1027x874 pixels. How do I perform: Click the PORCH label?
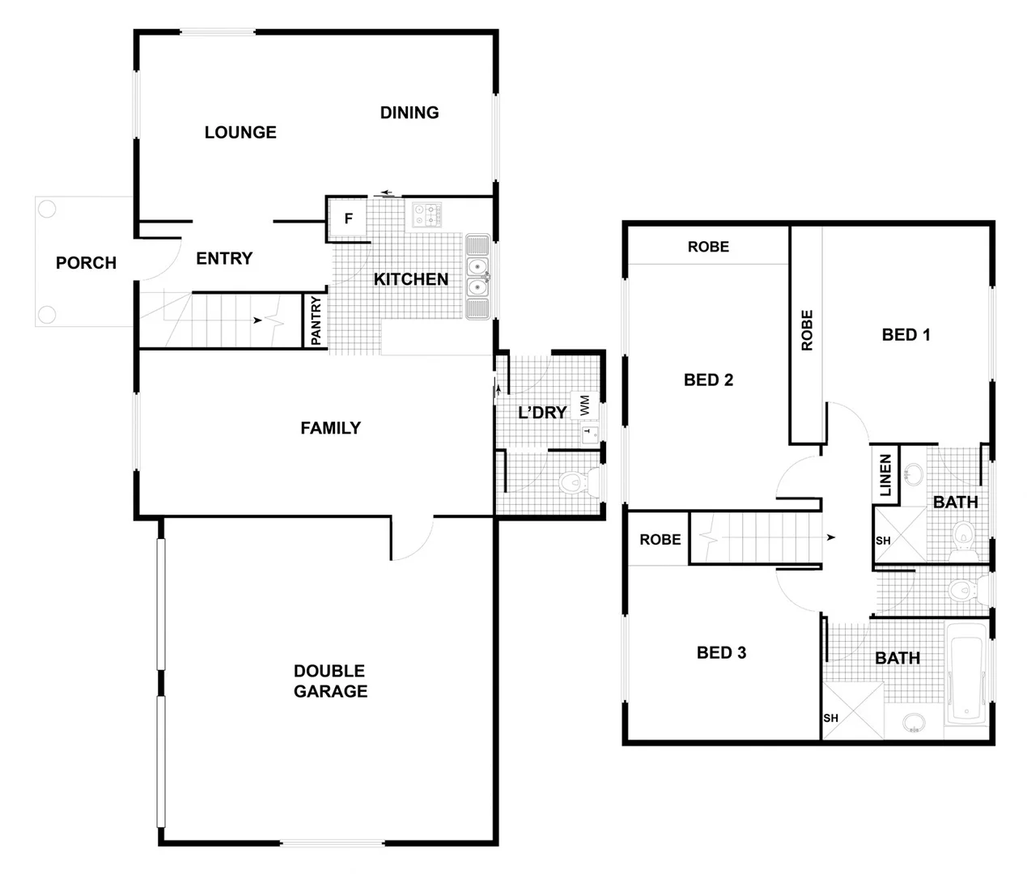pos(86,263)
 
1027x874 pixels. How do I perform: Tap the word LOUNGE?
pos(240,133)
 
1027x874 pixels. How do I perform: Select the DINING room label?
pos(410,112)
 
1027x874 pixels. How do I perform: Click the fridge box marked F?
pos(349,218)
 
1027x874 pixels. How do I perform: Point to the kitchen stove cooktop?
pos(428,214)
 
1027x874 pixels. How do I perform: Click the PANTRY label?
pos(316,320)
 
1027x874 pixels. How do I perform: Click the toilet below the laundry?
pos(575,484)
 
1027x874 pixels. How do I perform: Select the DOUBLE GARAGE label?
pos(330,681)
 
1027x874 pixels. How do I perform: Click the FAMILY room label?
pos(330,428)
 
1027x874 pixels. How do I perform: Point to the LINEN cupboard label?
pos(885,475)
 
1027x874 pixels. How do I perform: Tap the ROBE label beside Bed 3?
pos(660,540)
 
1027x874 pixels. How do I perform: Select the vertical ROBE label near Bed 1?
pos(807,330)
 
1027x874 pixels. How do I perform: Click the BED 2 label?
pos(708,380)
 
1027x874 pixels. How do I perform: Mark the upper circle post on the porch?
pos(47,210)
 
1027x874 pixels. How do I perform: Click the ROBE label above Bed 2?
pos(708,247)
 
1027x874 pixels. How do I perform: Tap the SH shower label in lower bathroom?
pos(831,719)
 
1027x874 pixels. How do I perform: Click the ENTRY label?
pos(224,259)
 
